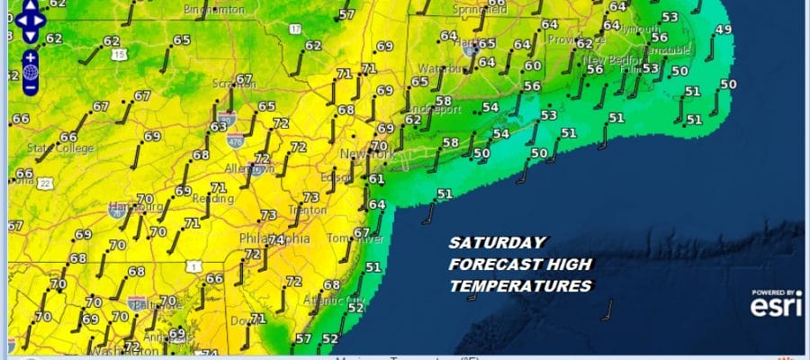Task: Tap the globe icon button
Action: point(30,72)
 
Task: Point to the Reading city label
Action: point(206,197)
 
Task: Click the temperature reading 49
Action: point(723,30)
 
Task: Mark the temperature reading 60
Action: point(533,66)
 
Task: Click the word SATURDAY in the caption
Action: point(497,243)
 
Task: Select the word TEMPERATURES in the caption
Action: point(520,286)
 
